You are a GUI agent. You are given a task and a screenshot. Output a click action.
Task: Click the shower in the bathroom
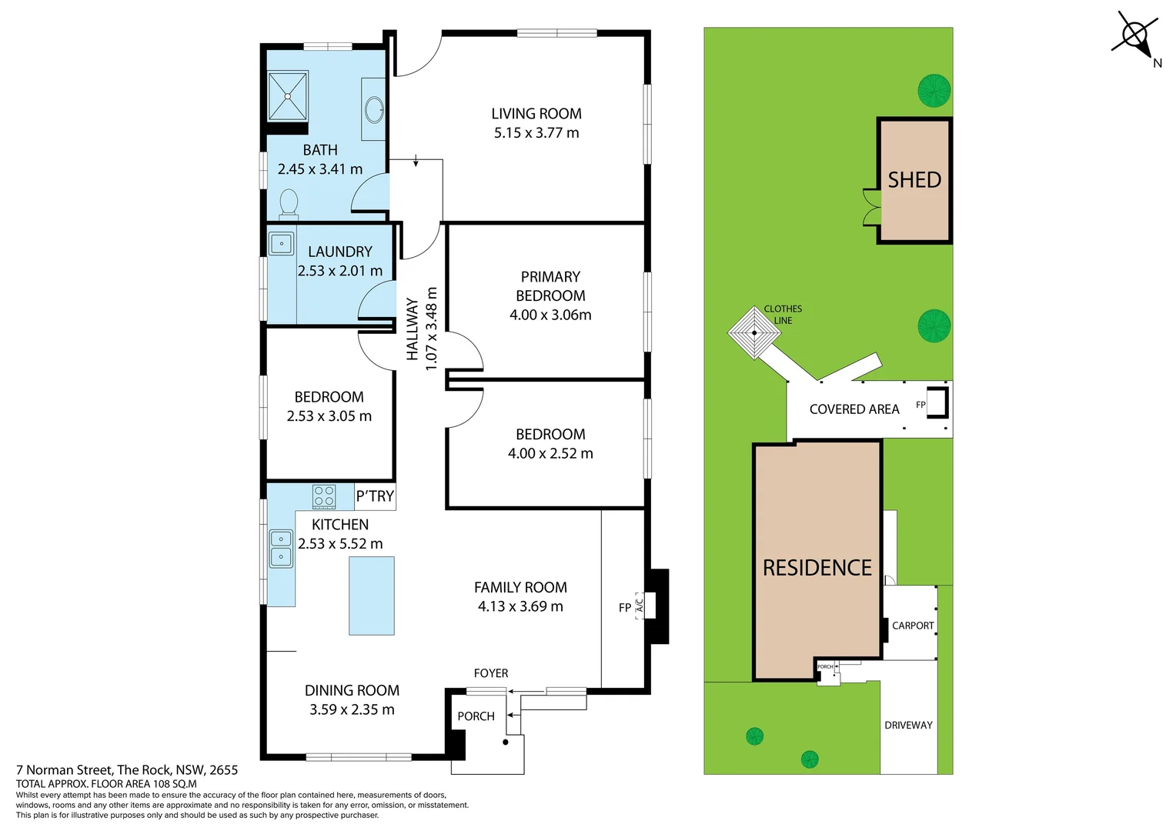tap(288, 96)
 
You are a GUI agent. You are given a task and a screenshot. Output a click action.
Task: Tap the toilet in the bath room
tap(289, 204)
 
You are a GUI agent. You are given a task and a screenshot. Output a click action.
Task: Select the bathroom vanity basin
tap(375, 109)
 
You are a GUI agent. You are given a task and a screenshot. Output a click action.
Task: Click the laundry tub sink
tap(282, 244)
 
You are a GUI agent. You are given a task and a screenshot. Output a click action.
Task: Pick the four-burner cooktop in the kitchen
tap(324, 496)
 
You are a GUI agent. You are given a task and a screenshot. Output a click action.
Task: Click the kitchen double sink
tap(281, 548)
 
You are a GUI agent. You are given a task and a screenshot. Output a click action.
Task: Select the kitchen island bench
tap(372, 596)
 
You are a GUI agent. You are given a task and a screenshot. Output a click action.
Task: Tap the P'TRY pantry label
tap(375, 496)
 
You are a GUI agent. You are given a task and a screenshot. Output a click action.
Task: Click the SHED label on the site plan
tap(914, 180)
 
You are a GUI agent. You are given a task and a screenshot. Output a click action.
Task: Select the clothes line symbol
tap(754, 333)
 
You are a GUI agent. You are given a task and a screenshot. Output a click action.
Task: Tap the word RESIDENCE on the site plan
tap(817, 568)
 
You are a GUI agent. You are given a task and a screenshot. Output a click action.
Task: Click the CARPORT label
tap(913, 626)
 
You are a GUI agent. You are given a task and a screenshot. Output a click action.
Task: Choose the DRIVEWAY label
tap(908, 725)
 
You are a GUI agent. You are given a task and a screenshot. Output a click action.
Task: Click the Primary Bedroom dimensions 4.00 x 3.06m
tap(550, 315)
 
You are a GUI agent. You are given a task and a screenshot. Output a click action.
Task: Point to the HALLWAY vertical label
tap(413, 329)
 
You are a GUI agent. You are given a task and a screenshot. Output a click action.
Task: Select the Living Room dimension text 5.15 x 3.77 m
tap(536, 133)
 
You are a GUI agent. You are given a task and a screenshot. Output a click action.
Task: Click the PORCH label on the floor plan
tap(476, 716)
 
